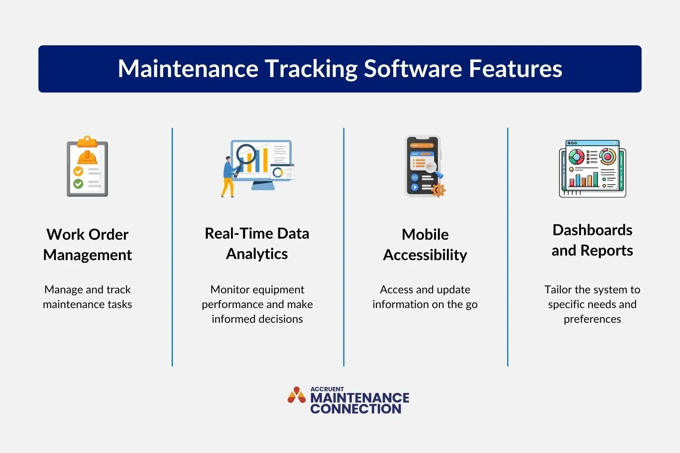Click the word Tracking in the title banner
click(311, 69)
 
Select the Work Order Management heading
click(88, 245)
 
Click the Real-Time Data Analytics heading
click(257, 243)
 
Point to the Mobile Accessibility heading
click(425, 245)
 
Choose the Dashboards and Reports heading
click(592, 240)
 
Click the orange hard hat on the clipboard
click(87, 157)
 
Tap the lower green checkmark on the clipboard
click(78, 184)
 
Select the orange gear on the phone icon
click(438, 190)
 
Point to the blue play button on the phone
click(415, 187)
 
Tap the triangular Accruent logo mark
click(297, 395)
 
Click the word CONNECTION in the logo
click(355, 409)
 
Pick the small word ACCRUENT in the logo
click(327, 389)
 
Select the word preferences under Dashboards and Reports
click(592, 319)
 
